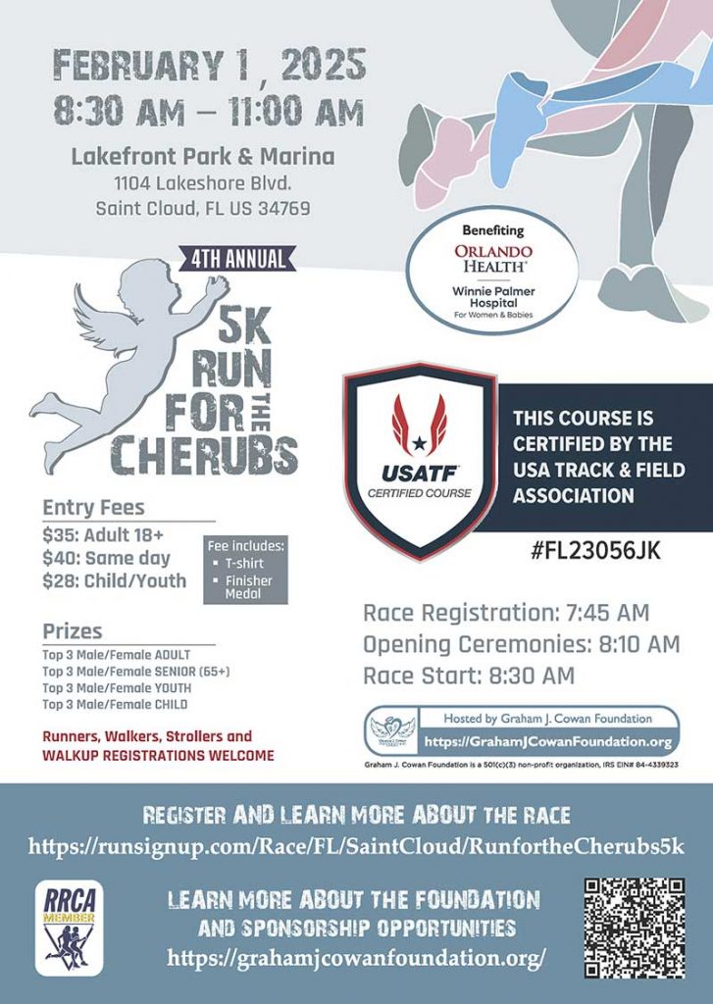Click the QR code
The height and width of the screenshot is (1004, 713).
[634, 927]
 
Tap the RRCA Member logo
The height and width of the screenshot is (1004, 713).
[69, 927]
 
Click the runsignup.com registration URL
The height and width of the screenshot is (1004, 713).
[356, 846]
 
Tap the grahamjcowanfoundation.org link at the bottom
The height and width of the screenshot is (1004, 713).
[356, 956]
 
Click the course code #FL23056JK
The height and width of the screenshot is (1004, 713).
[595, 550]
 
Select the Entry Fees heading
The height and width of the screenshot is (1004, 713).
[93, 508]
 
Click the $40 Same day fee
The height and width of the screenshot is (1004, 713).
[106, 558]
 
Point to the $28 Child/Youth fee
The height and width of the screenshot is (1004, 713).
[114, 580]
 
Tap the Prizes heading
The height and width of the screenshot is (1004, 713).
[73, 630]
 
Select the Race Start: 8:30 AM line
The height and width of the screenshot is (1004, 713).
[469, 676]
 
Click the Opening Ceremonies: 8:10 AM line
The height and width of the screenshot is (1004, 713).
[521, 644]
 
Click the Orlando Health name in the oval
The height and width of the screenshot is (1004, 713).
[493, 259]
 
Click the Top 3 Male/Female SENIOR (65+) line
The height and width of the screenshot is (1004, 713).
[135, 672]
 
